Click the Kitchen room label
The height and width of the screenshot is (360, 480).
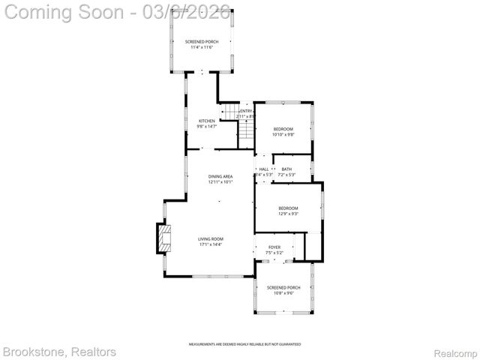point(206,121)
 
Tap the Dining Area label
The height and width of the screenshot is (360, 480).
point(220,176)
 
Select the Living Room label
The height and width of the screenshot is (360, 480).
point(211,238)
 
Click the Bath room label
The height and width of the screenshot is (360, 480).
point(286,169)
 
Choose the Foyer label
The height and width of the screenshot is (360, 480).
point(274,247)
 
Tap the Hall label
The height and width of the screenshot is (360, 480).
point(264,169)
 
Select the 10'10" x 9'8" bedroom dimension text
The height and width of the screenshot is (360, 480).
point(283,134)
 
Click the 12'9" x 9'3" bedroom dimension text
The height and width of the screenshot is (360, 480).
point(288,214)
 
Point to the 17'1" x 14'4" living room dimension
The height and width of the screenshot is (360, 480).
point(211,244)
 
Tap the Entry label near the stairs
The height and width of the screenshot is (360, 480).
point(246,111)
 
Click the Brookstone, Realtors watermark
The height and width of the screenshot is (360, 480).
point(59,351)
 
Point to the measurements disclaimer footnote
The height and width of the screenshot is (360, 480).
point(244,343)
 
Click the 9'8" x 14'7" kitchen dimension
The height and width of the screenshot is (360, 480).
point(206,127)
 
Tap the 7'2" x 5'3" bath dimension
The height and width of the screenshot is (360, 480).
point(287,175)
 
